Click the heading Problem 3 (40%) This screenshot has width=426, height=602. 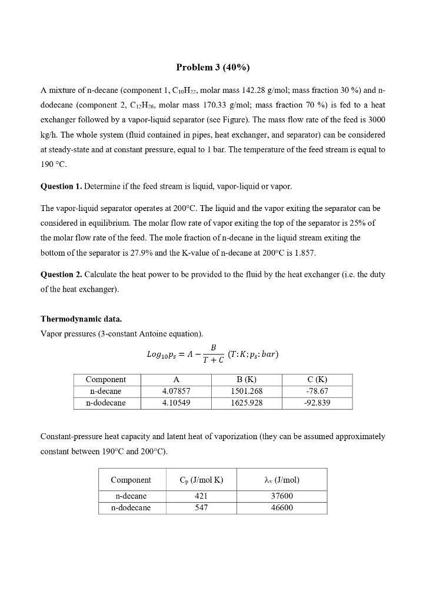tap(212, 68)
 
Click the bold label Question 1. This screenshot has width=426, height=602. tap(61, 186)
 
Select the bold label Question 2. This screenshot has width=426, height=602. tap(61, 275)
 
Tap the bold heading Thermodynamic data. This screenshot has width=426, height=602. tap(81, 319)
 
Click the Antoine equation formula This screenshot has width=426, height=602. tap(212, 354)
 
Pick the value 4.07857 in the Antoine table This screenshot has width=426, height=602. tap(176, 391)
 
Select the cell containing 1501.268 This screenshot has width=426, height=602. tap(246, 391)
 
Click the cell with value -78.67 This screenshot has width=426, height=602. tap(317, 391)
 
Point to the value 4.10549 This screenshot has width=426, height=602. tap(176, 403)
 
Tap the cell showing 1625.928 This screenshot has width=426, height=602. tap(246, 403)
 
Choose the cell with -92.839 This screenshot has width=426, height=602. tap(317, 403)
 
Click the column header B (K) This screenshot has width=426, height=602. tap(246, 379)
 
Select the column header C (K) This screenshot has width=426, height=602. tap(317, 379)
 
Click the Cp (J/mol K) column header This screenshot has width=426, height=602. tap(201, 480)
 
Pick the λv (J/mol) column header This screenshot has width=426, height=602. tap(281, 480)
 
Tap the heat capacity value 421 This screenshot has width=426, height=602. tap(201, 496)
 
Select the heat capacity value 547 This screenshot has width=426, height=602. tap(201, 508)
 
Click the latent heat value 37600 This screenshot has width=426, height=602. tap(281, 496)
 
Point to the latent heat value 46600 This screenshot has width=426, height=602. tap(281, 508)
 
